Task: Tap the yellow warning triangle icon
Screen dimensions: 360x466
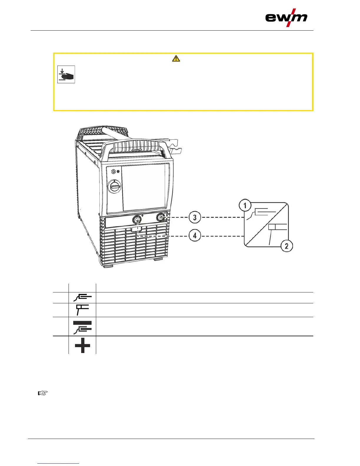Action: [x=176, y=59]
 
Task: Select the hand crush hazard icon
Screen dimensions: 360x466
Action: [x=66, y=74]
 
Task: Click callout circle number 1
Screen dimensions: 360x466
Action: [x=245, y=205]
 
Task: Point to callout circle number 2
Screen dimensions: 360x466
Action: [x=286, y=246]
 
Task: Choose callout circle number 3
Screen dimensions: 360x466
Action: [x=195, y=218]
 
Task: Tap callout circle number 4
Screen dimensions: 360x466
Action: [x=195, y=236]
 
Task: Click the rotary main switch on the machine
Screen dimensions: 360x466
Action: [x=114, y=186]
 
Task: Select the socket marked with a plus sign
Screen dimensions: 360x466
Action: [x=136, y=219]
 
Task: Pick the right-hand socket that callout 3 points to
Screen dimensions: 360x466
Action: [x=161, y=218]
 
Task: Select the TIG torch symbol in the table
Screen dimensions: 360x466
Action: [x=82, y=310]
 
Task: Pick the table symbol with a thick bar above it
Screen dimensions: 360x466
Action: [x=82, y=327]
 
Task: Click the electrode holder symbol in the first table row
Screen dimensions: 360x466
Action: [x=82, y=297]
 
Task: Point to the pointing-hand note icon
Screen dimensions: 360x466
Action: [x=43, y=393]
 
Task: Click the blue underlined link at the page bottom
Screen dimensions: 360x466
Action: [x=58, y=463]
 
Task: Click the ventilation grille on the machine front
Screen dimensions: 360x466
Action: [x=135, y=247]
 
